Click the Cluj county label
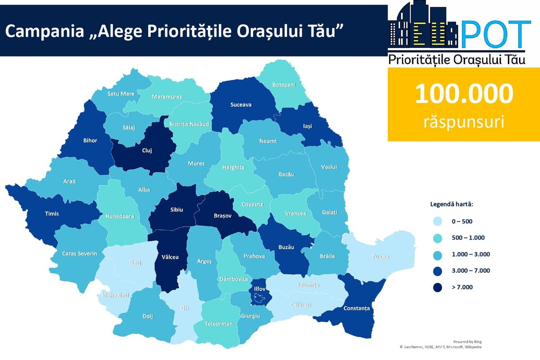(147, 150)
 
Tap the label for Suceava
(240, 105)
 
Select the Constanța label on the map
(357, 309)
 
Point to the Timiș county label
(52, 213)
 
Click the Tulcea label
(379, 257)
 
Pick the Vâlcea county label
(170, 257)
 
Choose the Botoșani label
(284, 85)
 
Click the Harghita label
(234, 167)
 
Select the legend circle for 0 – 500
(437, 221)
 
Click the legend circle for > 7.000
(437, 287)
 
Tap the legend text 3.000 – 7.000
(471, 271)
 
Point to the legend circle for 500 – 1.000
(437, 238)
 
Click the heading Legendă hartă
(452, 204)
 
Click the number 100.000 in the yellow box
(464, 94)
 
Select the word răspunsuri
(464, 122)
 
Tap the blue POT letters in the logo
(496, 35)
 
